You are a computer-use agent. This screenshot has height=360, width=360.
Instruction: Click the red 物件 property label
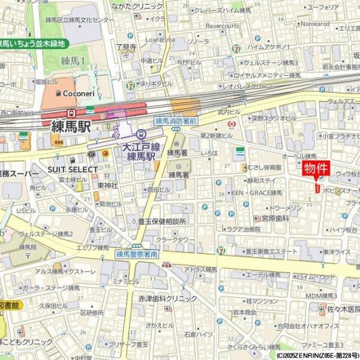click(x=316, y=168)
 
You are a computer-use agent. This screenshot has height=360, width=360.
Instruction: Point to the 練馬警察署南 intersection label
click(x=137, y=254)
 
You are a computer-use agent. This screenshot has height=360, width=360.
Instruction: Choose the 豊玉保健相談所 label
click(x=161, y=221)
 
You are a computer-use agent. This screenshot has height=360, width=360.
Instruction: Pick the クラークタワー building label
click(x=176, y=239)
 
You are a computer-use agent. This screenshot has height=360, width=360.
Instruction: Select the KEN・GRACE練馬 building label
click(x=257, y=193)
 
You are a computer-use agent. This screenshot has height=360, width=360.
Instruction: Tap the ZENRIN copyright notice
click(x=317, y=355)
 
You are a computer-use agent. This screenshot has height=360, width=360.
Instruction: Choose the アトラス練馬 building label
click(x=200, y=270)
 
